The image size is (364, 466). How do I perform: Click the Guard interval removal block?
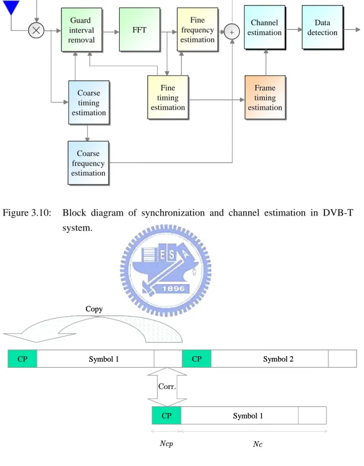pos(81,30)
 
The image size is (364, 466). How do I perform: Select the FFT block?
pos(140,30)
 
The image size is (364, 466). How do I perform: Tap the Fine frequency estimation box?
pos(197,30)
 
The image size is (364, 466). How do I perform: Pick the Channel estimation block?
pos(265,27)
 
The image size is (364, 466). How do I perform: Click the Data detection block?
pos(323,27)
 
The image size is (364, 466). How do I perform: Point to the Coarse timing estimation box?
pos(89,103)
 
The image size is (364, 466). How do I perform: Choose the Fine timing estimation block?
pos(168,98)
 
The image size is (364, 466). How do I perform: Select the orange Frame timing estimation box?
pos(265,98)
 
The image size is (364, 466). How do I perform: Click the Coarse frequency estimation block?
pos(89,163)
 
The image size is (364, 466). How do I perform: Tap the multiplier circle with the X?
pos(36,31)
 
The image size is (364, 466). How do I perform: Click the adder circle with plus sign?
pos(232,32)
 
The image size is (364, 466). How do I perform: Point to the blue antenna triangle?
pos(11,7)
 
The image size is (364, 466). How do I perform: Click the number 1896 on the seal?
pos(173,288)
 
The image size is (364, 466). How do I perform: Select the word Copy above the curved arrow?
pos(94,309)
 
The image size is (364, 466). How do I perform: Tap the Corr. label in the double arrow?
pos(167,386)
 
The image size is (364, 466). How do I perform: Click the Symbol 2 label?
pos(278,359)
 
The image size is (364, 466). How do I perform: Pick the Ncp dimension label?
pos(166,443)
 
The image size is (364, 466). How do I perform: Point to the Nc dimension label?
pos(258,444)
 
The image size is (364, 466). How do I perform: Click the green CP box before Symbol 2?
pos(197,359)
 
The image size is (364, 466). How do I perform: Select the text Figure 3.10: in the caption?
pos(27,213)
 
